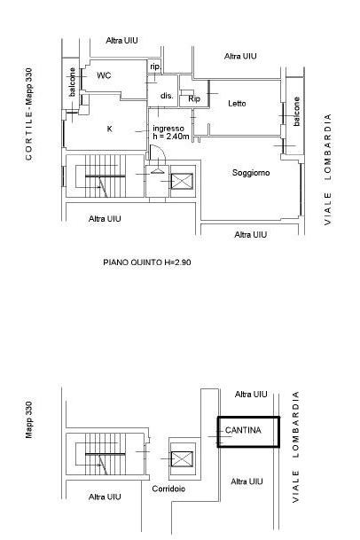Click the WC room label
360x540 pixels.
click(x=104, y=75)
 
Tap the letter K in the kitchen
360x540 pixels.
click(x=110, y=129)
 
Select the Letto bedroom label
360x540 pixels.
click(x=237, y=104)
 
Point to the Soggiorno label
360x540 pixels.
click(x=251, y=173)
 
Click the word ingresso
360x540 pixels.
click(x=168, y=129)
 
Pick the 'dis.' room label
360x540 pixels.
click(x=167, y=96)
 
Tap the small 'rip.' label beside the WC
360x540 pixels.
click(x=155, y=67)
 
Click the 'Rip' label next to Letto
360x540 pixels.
click(x=194, y=98)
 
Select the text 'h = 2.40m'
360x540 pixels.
click(x=171, y=136)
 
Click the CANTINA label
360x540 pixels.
click(x=243, y=430)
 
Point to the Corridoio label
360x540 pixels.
click(x=168, y=489)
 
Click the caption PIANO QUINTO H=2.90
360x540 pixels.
click(x=147, y=262)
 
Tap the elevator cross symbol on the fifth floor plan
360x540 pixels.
click(x=182, y=181)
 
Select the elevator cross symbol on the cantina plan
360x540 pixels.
click(x=182, y=459)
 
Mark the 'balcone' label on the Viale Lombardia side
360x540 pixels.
click(x=296, y=111)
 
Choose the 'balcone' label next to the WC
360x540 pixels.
click(x=72, y=82)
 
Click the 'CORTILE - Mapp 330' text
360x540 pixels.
click(x=28, y=114)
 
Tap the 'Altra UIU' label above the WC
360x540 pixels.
click(x=122, y=40)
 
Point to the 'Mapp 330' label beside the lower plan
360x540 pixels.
click(x=28, y=419)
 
